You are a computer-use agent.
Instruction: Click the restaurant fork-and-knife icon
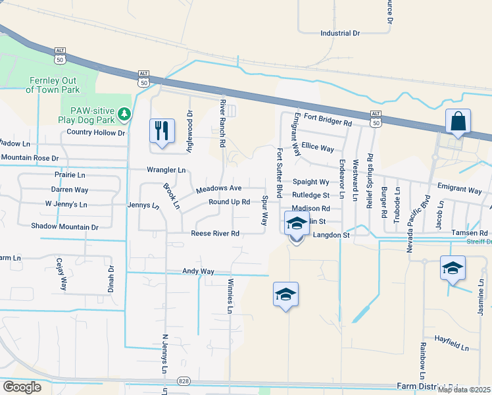pos(162,130)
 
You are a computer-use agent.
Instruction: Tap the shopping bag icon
pos(458,122)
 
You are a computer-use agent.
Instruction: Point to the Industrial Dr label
pos(340,33)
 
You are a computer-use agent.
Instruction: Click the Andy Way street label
pos(199,271)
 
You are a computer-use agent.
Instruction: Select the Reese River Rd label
pos(216,234)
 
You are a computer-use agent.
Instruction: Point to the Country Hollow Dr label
pos(96,132)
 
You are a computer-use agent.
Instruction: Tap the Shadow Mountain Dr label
pos(64,226)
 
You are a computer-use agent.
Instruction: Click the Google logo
pos(22,386)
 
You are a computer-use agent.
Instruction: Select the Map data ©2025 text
pos(463,390)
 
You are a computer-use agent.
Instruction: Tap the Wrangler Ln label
pos(166,170)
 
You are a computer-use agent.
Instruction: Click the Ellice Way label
pos(318,148)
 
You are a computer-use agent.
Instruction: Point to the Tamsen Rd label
pos(470,234)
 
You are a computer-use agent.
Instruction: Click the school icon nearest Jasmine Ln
pos(453,268)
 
